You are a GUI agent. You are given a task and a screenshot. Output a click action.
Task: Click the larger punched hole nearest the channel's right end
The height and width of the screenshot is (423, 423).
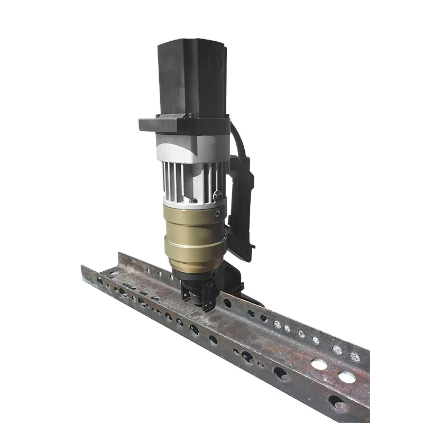pyautogui.click(x=346, y=377)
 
